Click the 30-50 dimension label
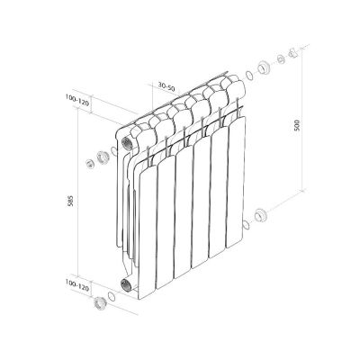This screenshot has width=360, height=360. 166,86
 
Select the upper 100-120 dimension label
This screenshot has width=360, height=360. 77,103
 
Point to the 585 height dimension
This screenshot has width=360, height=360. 70,201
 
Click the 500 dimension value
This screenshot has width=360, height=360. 297,125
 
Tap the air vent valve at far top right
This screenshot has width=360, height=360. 292,53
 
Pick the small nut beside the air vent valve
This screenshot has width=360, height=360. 281,59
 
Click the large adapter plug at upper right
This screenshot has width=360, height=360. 264,67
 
